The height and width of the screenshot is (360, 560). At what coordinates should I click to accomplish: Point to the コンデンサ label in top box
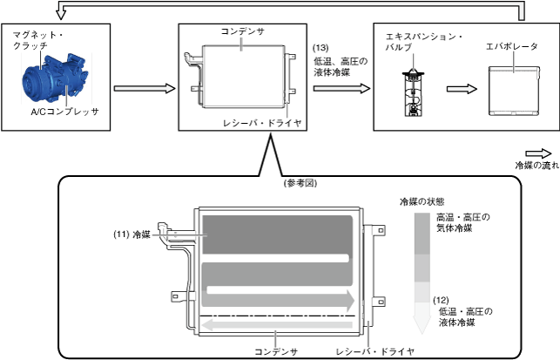(x=242, y=31)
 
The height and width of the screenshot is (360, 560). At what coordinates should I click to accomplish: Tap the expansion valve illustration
(x=412, y=88)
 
